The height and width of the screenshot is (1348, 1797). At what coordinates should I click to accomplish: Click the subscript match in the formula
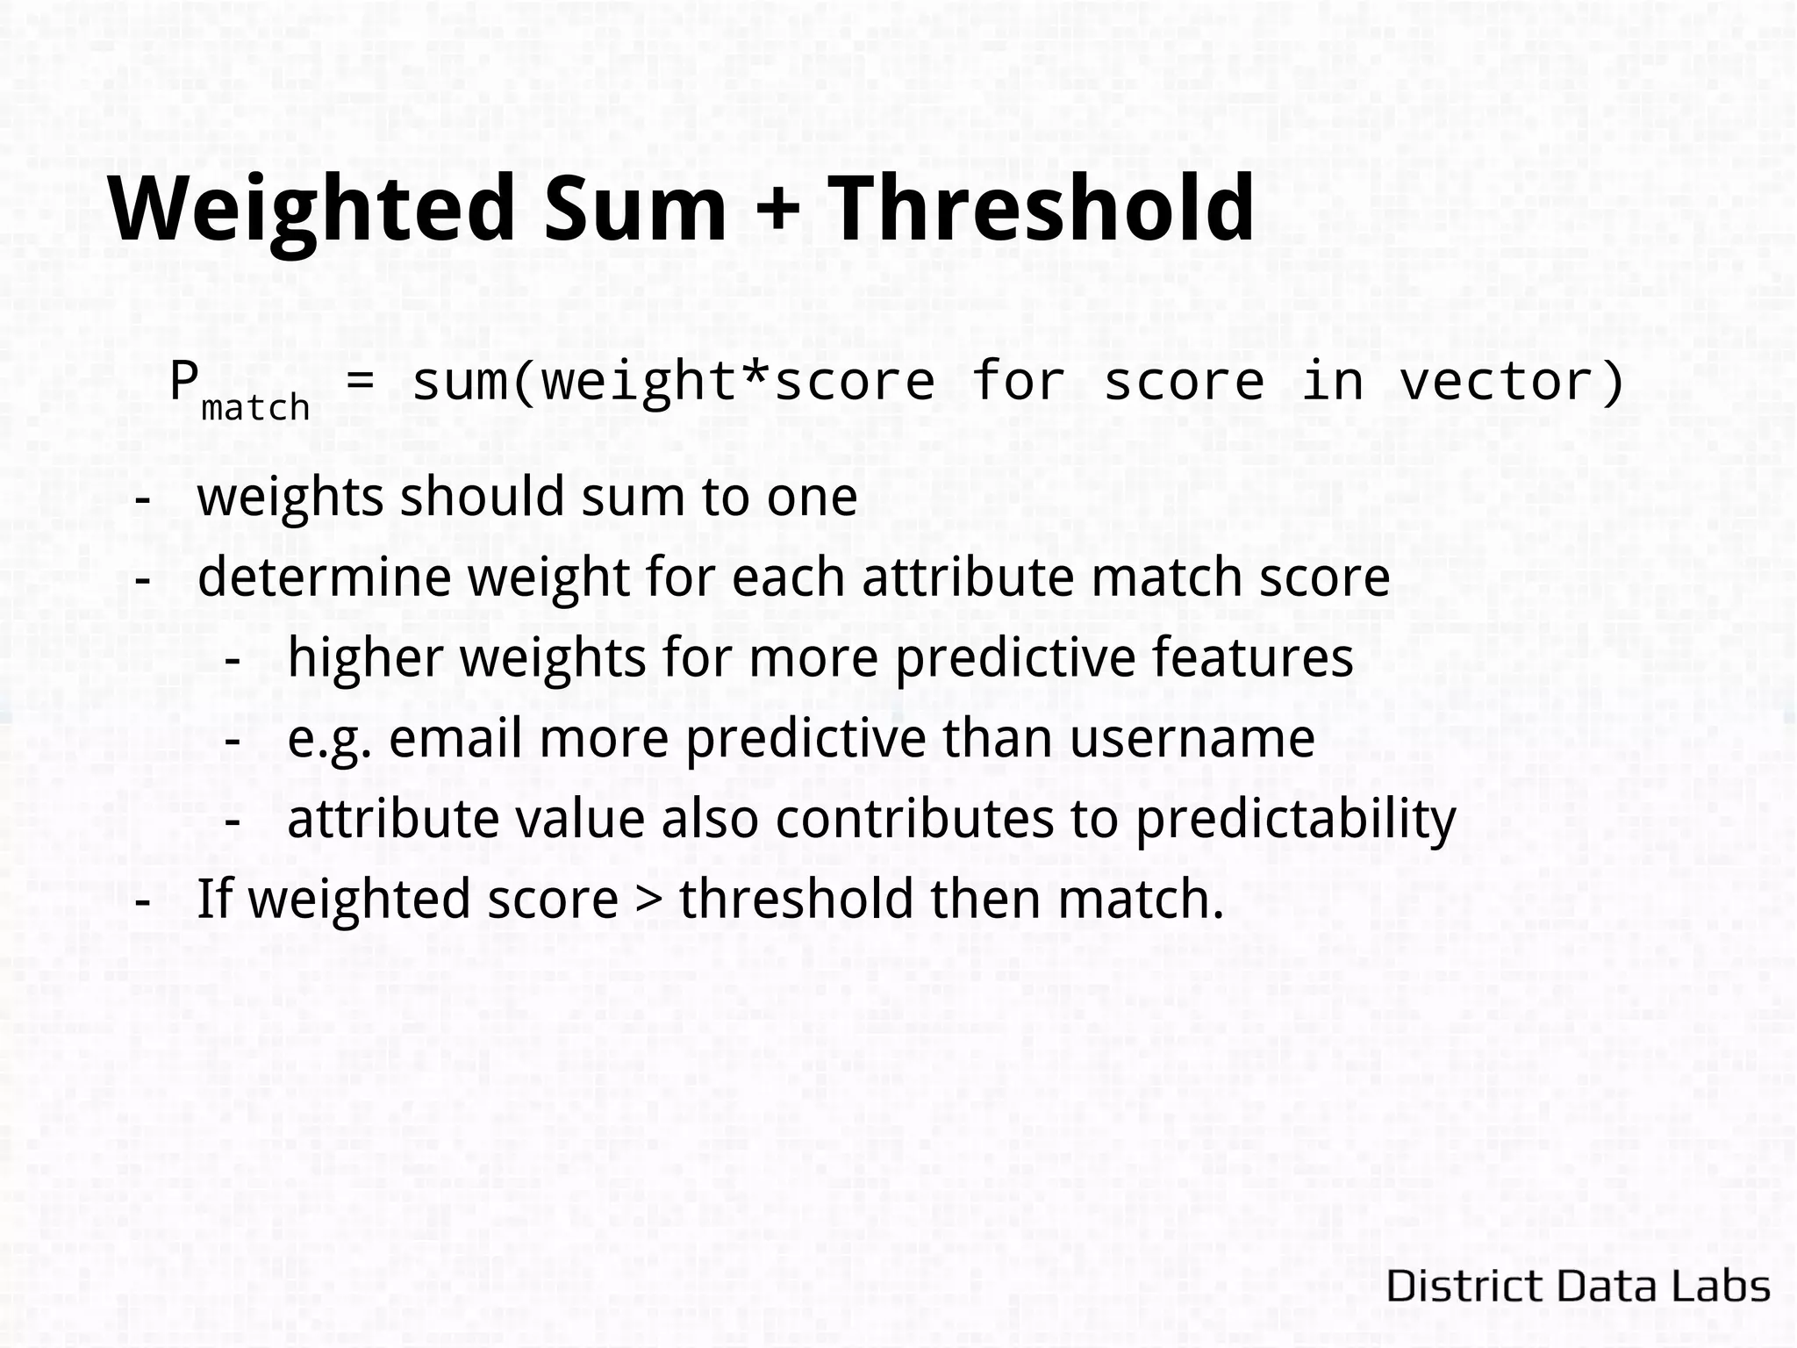[x=255, y=408]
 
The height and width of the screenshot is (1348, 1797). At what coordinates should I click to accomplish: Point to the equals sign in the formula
[x=362, y=383]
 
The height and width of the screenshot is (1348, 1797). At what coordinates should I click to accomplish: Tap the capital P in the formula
[x=183, y=380]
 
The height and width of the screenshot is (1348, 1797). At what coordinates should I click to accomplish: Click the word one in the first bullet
[x=812, y=498]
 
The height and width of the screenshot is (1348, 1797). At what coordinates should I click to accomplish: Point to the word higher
[x=365, y=657]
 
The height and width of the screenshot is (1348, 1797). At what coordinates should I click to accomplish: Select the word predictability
[x=1296, y=820]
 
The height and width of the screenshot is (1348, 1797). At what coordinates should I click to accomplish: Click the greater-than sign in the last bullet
[x=648, y=900]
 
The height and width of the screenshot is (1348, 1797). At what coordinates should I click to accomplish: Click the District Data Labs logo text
[x=1579, y=1287]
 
